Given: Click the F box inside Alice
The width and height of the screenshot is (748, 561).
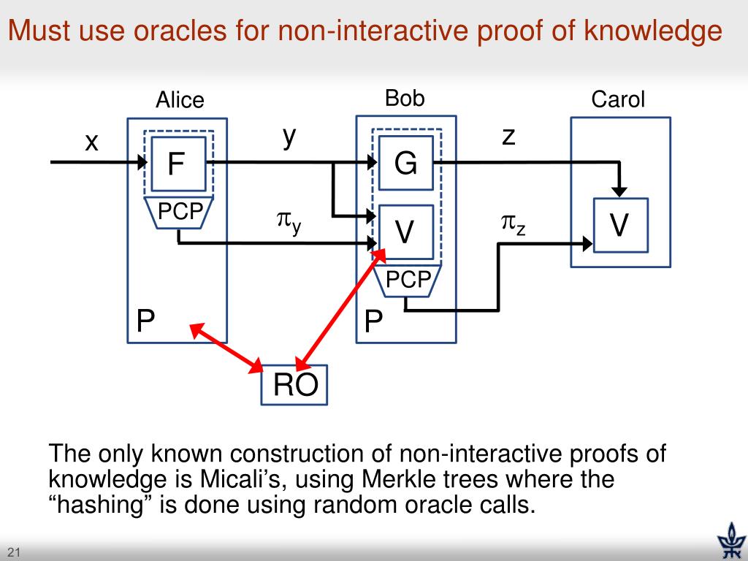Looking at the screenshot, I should pos(175,164).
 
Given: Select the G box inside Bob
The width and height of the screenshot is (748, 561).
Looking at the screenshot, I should pos(405,164).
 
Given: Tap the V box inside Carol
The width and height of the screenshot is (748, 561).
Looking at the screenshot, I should pos(619,225).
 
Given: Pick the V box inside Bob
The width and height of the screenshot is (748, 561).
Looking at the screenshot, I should pos(405,232).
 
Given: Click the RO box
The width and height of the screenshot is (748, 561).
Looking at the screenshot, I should pos(295,385).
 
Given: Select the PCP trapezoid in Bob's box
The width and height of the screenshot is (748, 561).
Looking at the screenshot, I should pos(407,280).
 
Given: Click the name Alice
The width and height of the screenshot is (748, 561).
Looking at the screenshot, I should pos(180,100).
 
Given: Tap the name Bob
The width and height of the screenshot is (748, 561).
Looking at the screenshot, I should pos(405,99).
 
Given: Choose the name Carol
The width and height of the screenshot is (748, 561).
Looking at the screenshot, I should pos(618,100).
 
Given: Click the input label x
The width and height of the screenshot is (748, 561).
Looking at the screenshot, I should pos(91,142).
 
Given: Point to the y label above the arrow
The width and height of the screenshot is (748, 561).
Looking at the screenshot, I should pos(290,137).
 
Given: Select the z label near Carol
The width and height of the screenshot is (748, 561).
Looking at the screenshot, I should pos(508,136).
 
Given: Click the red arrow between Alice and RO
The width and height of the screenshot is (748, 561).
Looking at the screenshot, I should pos(228,347).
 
